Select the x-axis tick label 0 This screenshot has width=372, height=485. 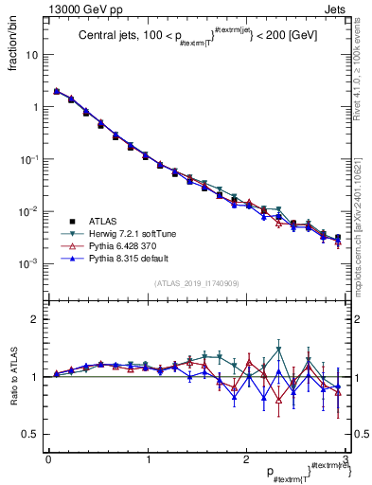(48, 459)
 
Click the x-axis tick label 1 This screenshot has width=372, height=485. (147, 459)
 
